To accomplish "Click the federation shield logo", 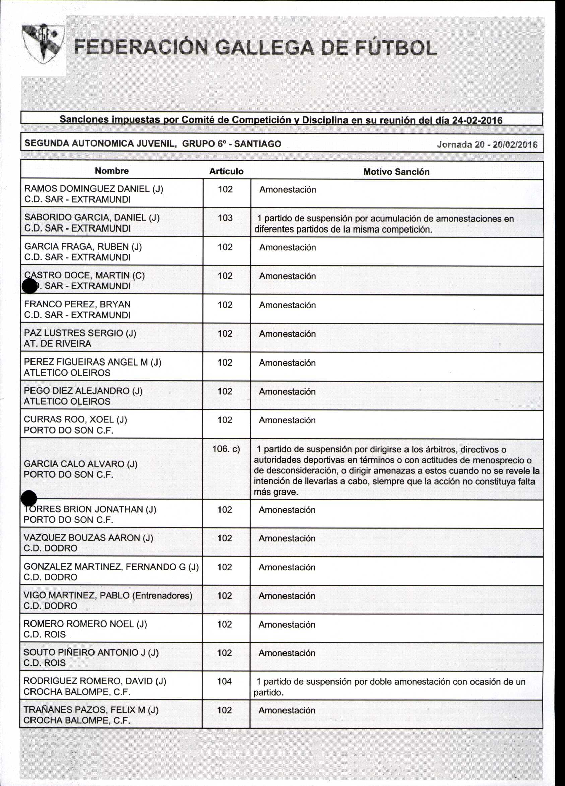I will [x=43, y=44].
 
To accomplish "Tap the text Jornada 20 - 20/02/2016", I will [x=487, y=144].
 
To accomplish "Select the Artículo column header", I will [x=226, y=171].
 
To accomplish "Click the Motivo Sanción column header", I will [x=396, y=172].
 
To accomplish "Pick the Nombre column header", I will [x=112, y=171].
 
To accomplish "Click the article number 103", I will [x=225, y=218].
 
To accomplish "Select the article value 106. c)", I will [x=226, y=449].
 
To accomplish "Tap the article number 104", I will [x=224, y=681].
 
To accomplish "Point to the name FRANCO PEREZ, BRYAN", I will [x=77, y=304].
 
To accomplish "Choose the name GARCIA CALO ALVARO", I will [x=80, y=464].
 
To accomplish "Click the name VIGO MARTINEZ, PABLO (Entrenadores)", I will [x=108, y=595].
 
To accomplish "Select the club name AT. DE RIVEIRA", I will [x=58, y=344].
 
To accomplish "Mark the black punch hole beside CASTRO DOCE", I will [x=29, y=286].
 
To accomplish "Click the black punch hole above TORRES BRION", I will [x=29, y=498].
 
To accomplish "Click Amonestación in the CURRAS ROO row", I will [x=287, y=420].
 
